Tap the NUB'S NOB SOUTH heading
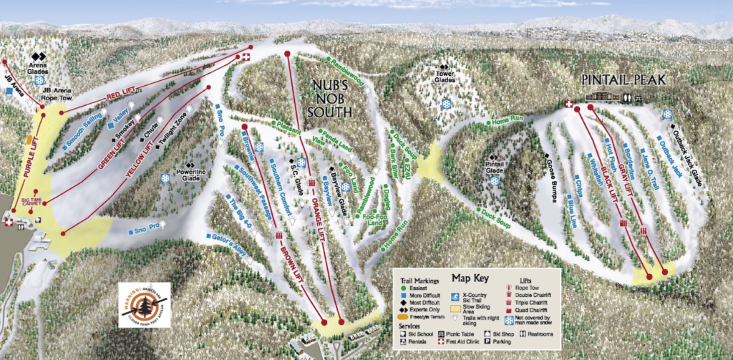(329, 98)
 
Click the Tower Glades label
(445, 76)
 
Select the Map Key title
(470, 278)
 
